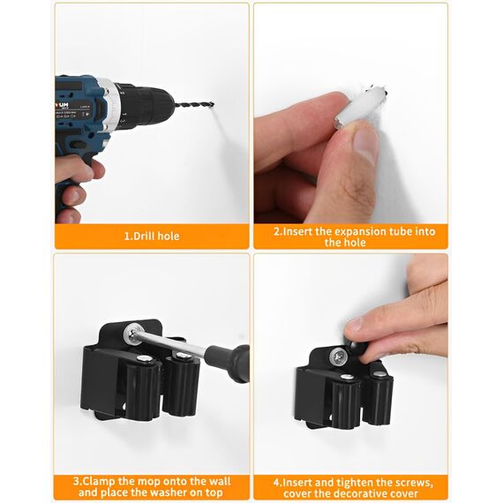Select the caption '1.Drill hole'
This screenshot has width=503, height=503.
click(x=152, y=236)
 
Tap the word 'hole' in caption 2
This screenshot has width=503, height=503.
click(x=350, y=243)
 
